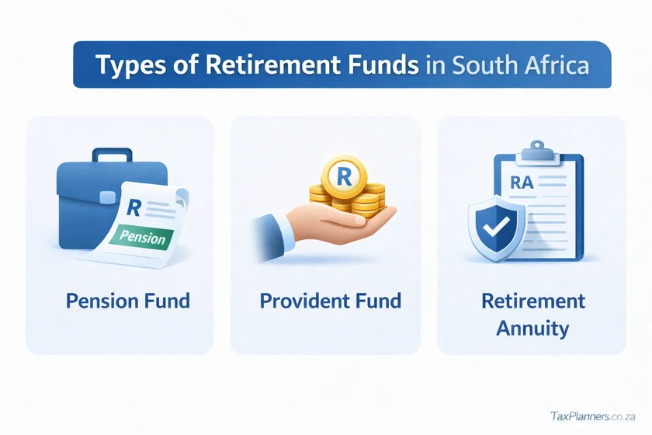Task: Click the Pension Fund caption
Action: pyautogui.click(x=128, y=301)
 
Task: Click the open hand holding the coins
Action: pyautogui.click(x=326, y=225)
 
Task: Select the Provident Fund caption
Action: pyautogui.click(x=330, y=301)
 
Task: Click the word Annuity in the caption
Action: pyautogui.click(x=532, y=328)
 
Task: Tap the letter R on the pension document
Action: pyautogui.click(x=134, y=208)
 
